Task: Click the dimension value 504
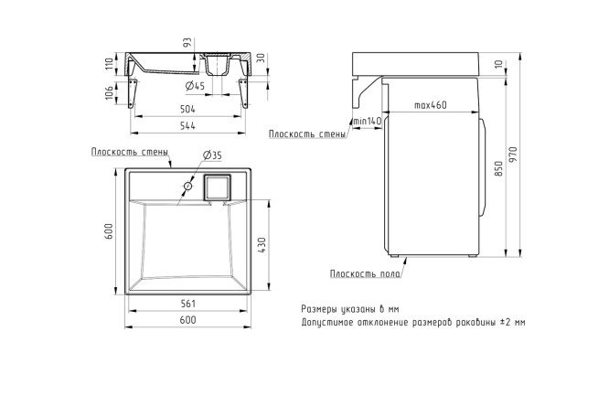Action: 187,109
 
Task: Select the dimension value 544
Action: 187,126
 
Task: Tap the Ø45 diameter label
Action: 196,85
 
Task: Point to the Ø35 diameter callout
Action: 212,155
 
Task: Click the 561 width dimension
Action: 188,304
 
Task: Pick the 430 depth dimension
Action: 262,245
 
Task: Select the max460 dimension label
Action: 431,105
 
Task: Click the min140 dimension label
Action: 367,121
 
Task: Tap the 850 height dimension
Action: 499,168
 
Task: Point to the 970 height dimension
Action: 514,155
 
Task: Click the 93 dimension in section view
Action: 187,43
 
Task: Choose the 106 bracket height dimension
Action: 109,92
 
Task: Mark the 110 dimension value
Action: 109,63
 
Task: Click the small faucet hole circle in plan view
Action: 188,186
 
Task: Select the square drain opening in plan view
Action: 218,187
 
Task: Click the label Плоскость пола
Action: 365,274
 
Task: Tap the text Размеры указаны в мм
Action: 350,309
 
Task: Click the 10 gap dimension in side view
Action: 499,64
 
